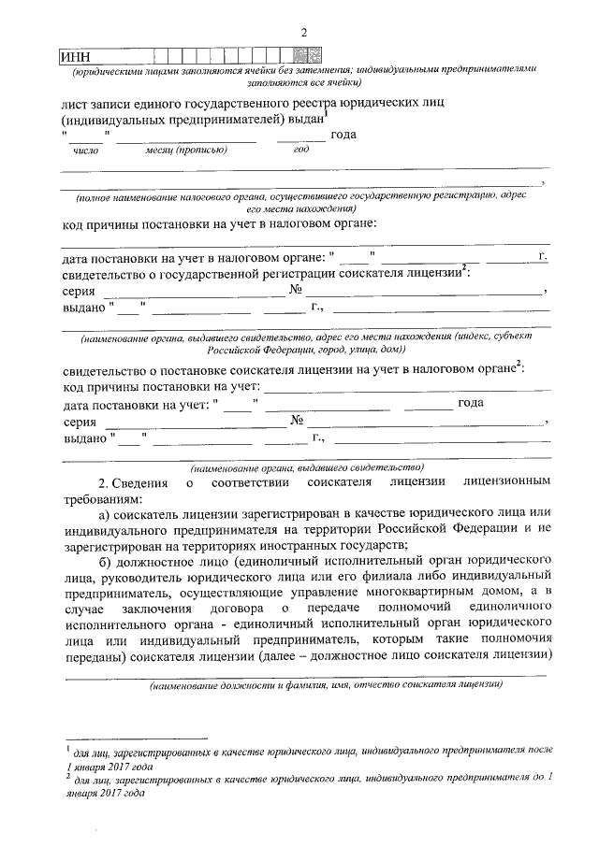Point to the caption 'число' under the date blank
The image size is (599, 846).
tap(85, 149)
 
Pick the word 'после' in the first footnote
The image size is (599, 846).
tap(538, 751)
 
